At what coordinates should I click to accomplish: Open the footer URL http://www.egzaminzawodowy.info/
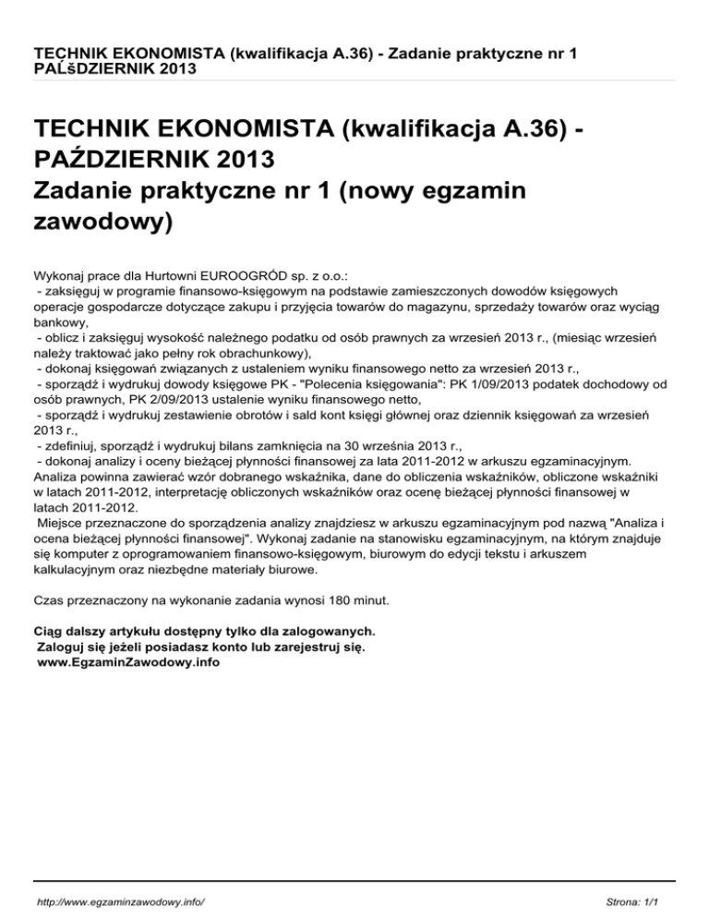coord(121,898)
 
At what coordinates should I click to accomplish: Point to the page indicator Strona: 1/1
coord(637,898)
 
